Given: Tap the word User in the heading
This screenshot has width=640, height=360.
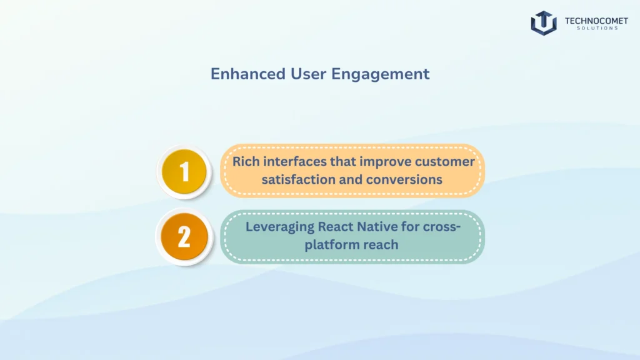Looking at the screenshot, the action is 308,74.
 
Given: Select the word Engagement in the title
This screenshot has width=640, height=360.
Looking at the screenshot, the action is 380,74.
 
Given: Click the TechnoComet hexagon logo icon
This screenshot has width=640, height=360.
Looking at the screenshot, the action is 544,23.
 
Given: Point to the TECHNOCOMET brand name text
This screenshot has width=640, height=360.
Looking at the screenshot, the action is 596,21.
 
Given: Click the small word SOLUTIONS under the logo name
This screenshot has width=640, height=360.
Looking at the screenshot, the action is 597,28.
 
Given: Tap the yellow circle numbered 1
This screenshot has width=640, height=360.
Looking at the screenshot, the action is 184,171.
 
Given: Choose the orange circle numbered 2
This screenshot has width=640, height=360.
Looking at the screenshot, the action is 184,237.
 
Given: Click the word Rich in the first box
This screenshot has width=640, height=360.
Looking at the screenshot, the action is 246,162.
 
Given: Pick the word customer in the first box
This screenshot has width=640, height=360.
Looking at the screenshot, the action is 444,162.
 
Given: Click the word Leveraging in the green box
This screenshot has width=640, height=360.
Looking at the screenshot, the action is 279,227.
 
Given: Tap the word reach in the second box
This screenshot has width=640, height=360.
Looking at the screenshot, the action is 383,245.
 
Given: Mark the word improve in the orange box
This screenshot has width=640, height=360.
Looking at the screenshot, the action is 385,162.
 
